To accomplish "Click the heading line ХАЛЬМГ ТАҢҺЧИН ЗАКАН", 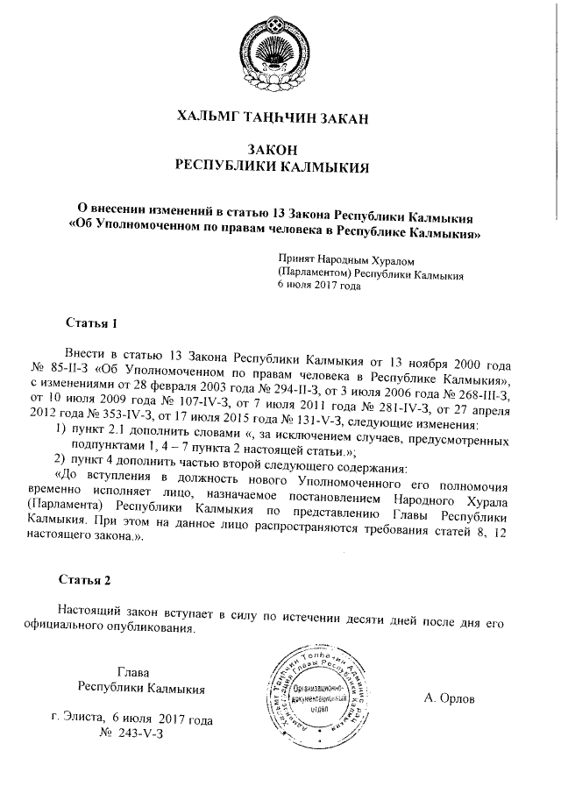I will pyautogui.click(x=280, y=117).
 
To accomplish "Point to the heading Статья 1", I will pyautogui.click(x=92, y=322).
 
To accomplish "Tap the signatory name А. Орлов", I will pyautogui.click(x=448, y=698).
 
